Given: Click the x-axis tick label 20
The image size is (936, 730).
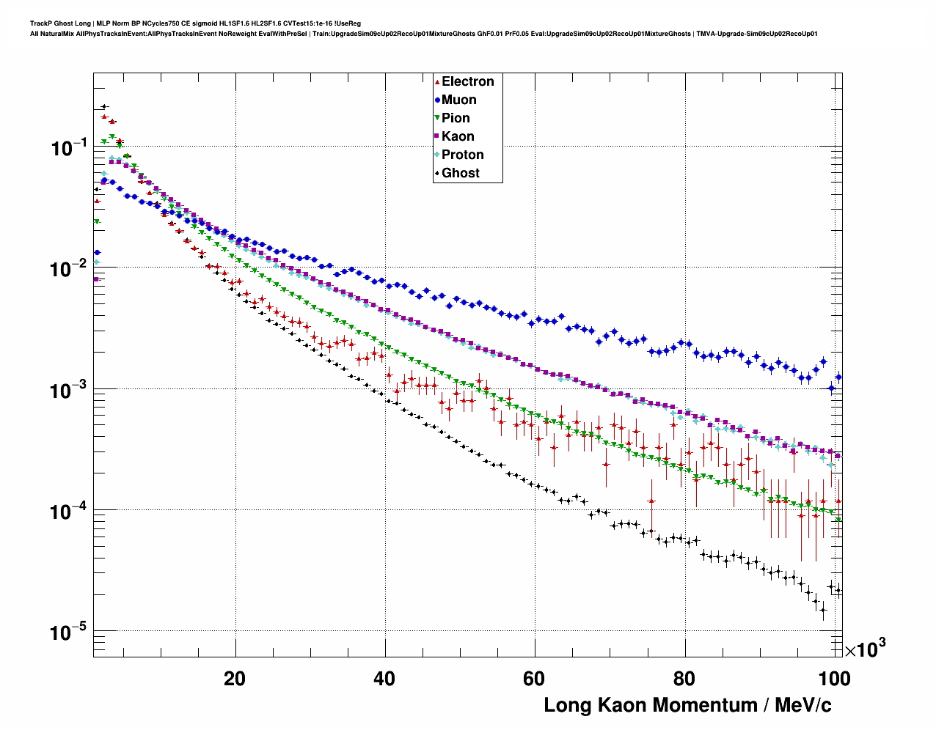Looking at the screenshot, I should (235, 679).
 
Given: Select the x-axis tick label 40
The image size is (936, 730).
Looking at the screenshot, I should (384, 679).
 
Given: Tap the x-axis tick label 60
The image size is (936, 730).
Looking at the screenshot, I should (534, 679).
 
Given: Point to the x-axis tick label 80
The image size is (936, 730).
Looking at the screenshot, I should (684, 679).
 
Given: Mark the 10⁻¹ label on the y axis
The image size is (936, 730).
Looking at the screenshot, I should (70, 149).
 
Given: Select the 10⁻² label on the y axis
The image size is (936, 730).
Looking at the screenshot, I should (70, 270).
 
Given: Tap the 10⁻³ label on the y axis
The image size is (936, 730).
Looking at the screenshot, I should (70, 391).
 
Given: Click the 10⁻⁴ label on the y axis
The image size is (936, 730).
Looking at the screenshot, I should (70, 511).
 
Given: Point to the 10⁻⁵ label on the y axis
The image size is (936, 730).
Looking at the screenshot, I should (70, 632).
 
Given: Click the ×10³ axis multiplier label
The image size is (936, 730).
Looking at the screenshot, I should (865, 649).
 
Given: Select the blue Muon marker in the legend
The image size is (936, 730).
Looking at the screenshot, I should (437, 100).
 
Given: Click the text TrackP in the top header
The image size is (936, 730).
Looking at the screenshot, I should (40, 23).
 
